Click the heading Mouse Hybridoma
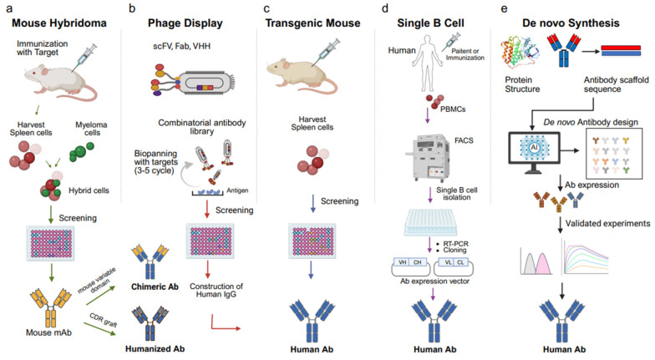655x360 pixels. coord(58,23)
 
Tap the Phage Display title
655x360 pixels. coord(185,23)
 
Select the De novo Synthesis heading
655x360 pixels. coord(571,23)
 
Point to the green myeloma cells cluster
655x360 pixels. coord(82,152)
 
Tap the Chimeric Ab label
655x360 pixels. coord(155,287)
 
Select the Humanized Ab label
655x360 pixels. coord(155,349)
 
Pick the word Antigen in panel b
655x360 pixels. coord(237,190)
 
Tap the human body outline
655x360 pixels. coord(426,63)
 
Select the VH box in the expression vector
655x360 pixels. coord(403,262)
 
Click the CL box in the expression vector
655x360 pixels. coord(460,262)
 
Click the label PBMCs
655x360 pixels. coord(453,109)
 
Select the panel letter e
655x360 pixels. coord(505,8)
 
